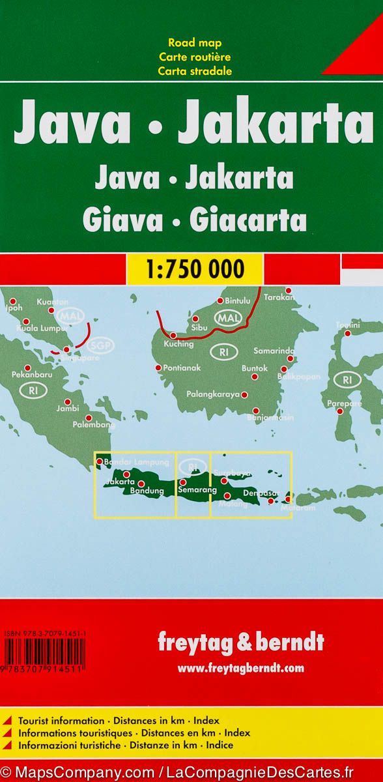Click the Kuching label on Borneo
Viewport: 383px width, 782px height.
coord(178,343)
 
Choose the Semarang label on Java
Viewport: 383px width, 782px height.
coord(195,489)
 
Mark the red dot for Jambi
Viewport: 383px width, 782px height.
coord(67,402)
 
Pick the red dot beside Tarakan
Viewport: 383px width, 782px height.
coord(289,291)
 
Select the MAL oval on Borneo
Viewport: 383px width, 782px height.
coord(229,319)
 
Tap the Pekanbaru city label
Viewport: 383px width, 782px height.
coord(31,375)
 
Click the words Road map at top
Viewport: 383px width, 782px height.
coord(195,43)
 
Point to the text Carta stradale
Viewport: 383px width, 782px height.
coord(195,71)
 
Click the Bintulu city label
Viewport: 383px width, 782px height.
coord(236,301)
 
